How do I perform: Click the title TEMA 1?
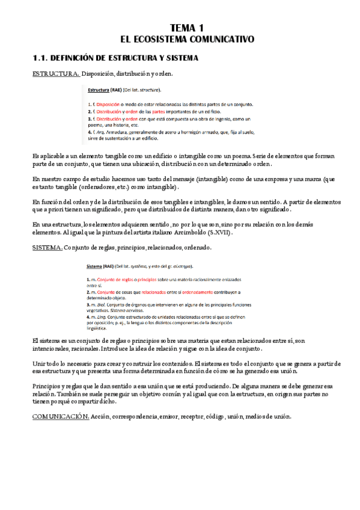188,28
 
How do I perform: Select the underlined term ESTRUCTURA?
55,74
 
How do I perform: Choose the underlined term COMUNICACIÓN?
61,416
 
